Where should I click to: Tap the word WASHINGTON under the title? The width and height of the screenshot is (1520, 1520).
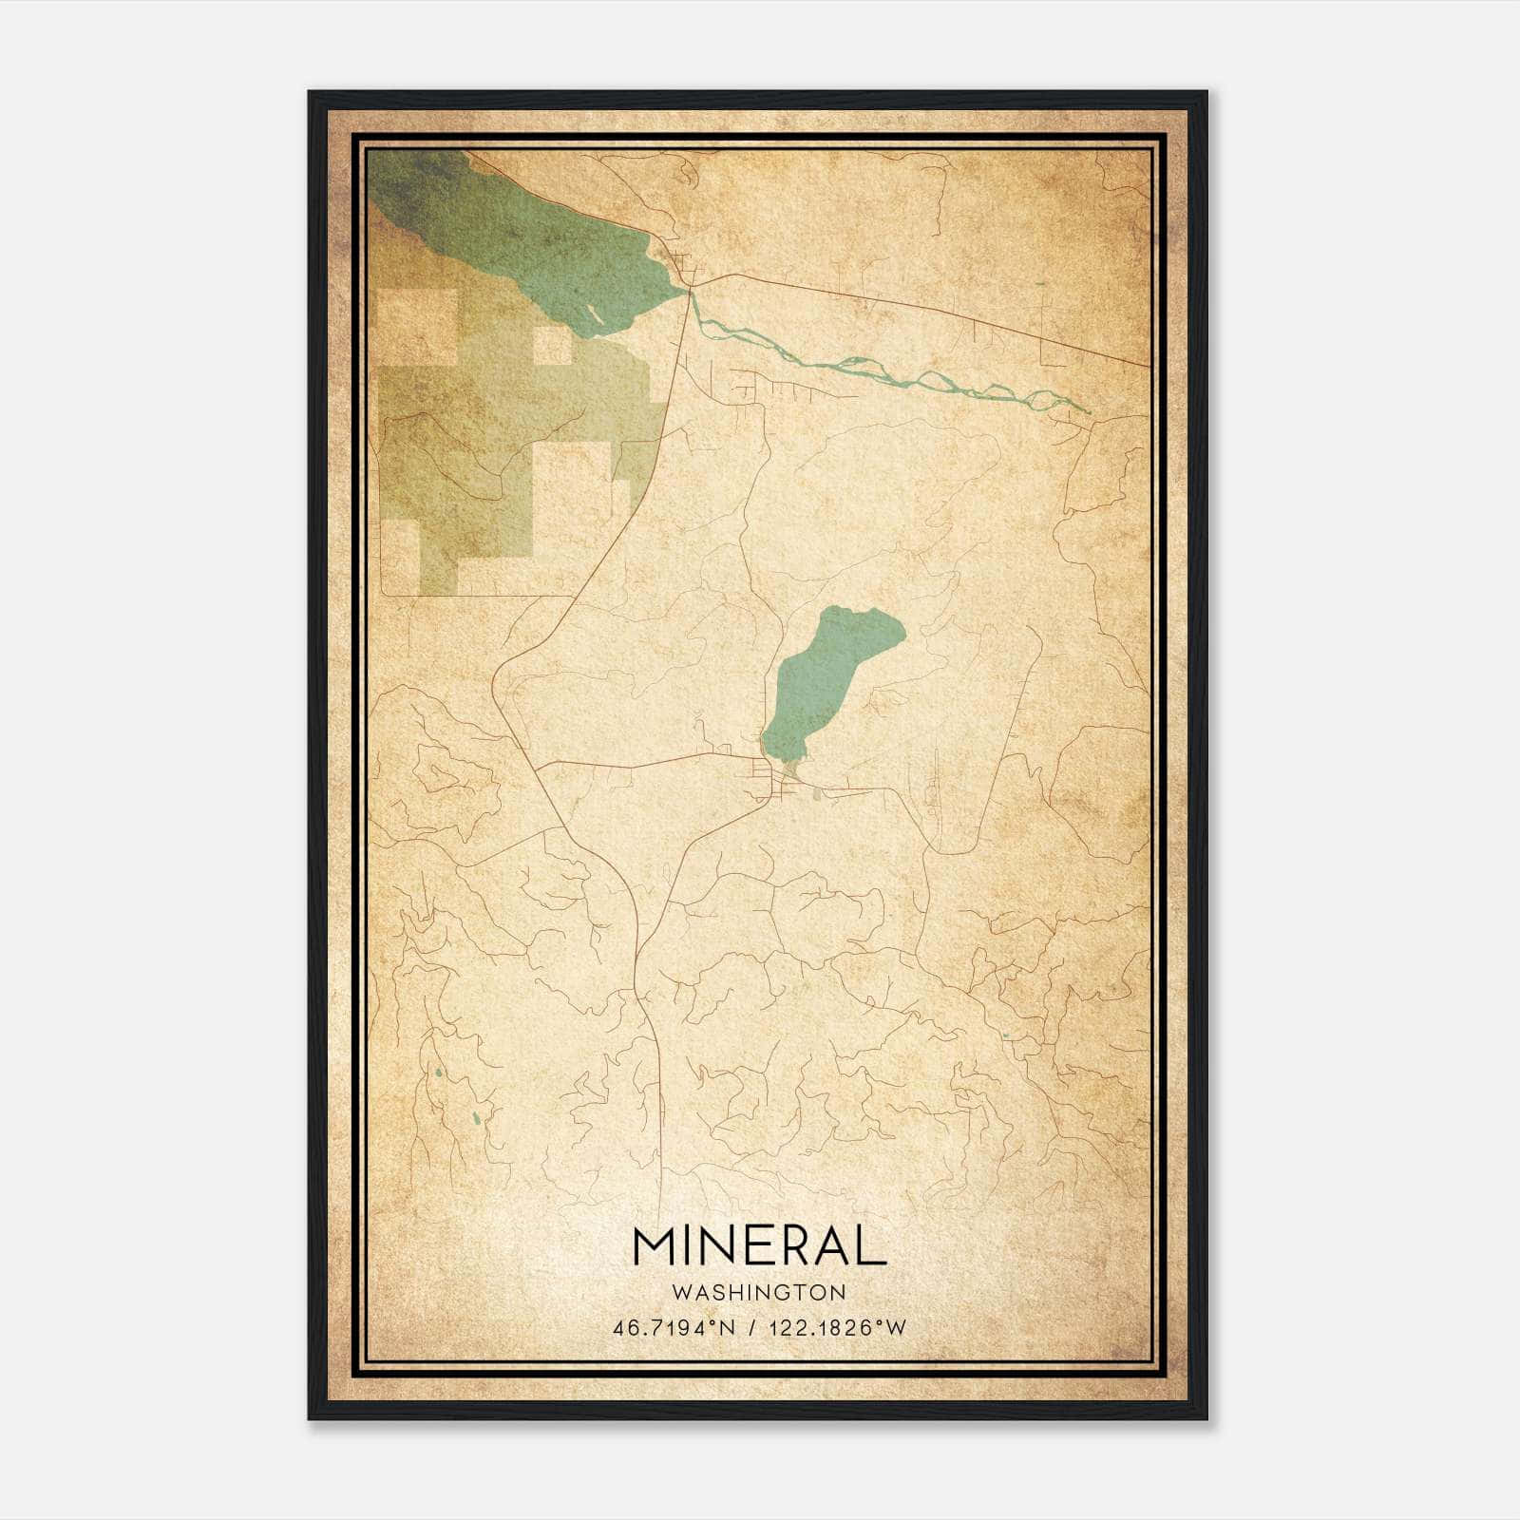pyautogui.click(x=759, y=1293)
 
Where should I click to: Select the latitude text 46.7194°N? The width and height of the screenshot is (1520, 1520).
pyautogui.click(x=674, y=1328)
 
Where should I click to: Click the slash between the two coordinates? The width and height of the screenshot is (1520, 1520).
pyautogui.click(x=752, y=1328)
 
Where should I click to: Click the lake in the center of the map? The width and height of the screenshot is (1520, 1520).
pyautogui.click(x=826, y=674)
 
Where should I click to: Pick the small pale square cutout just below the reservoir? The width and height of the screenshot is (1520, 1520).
pyautogui.click(x=552, y=346)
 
